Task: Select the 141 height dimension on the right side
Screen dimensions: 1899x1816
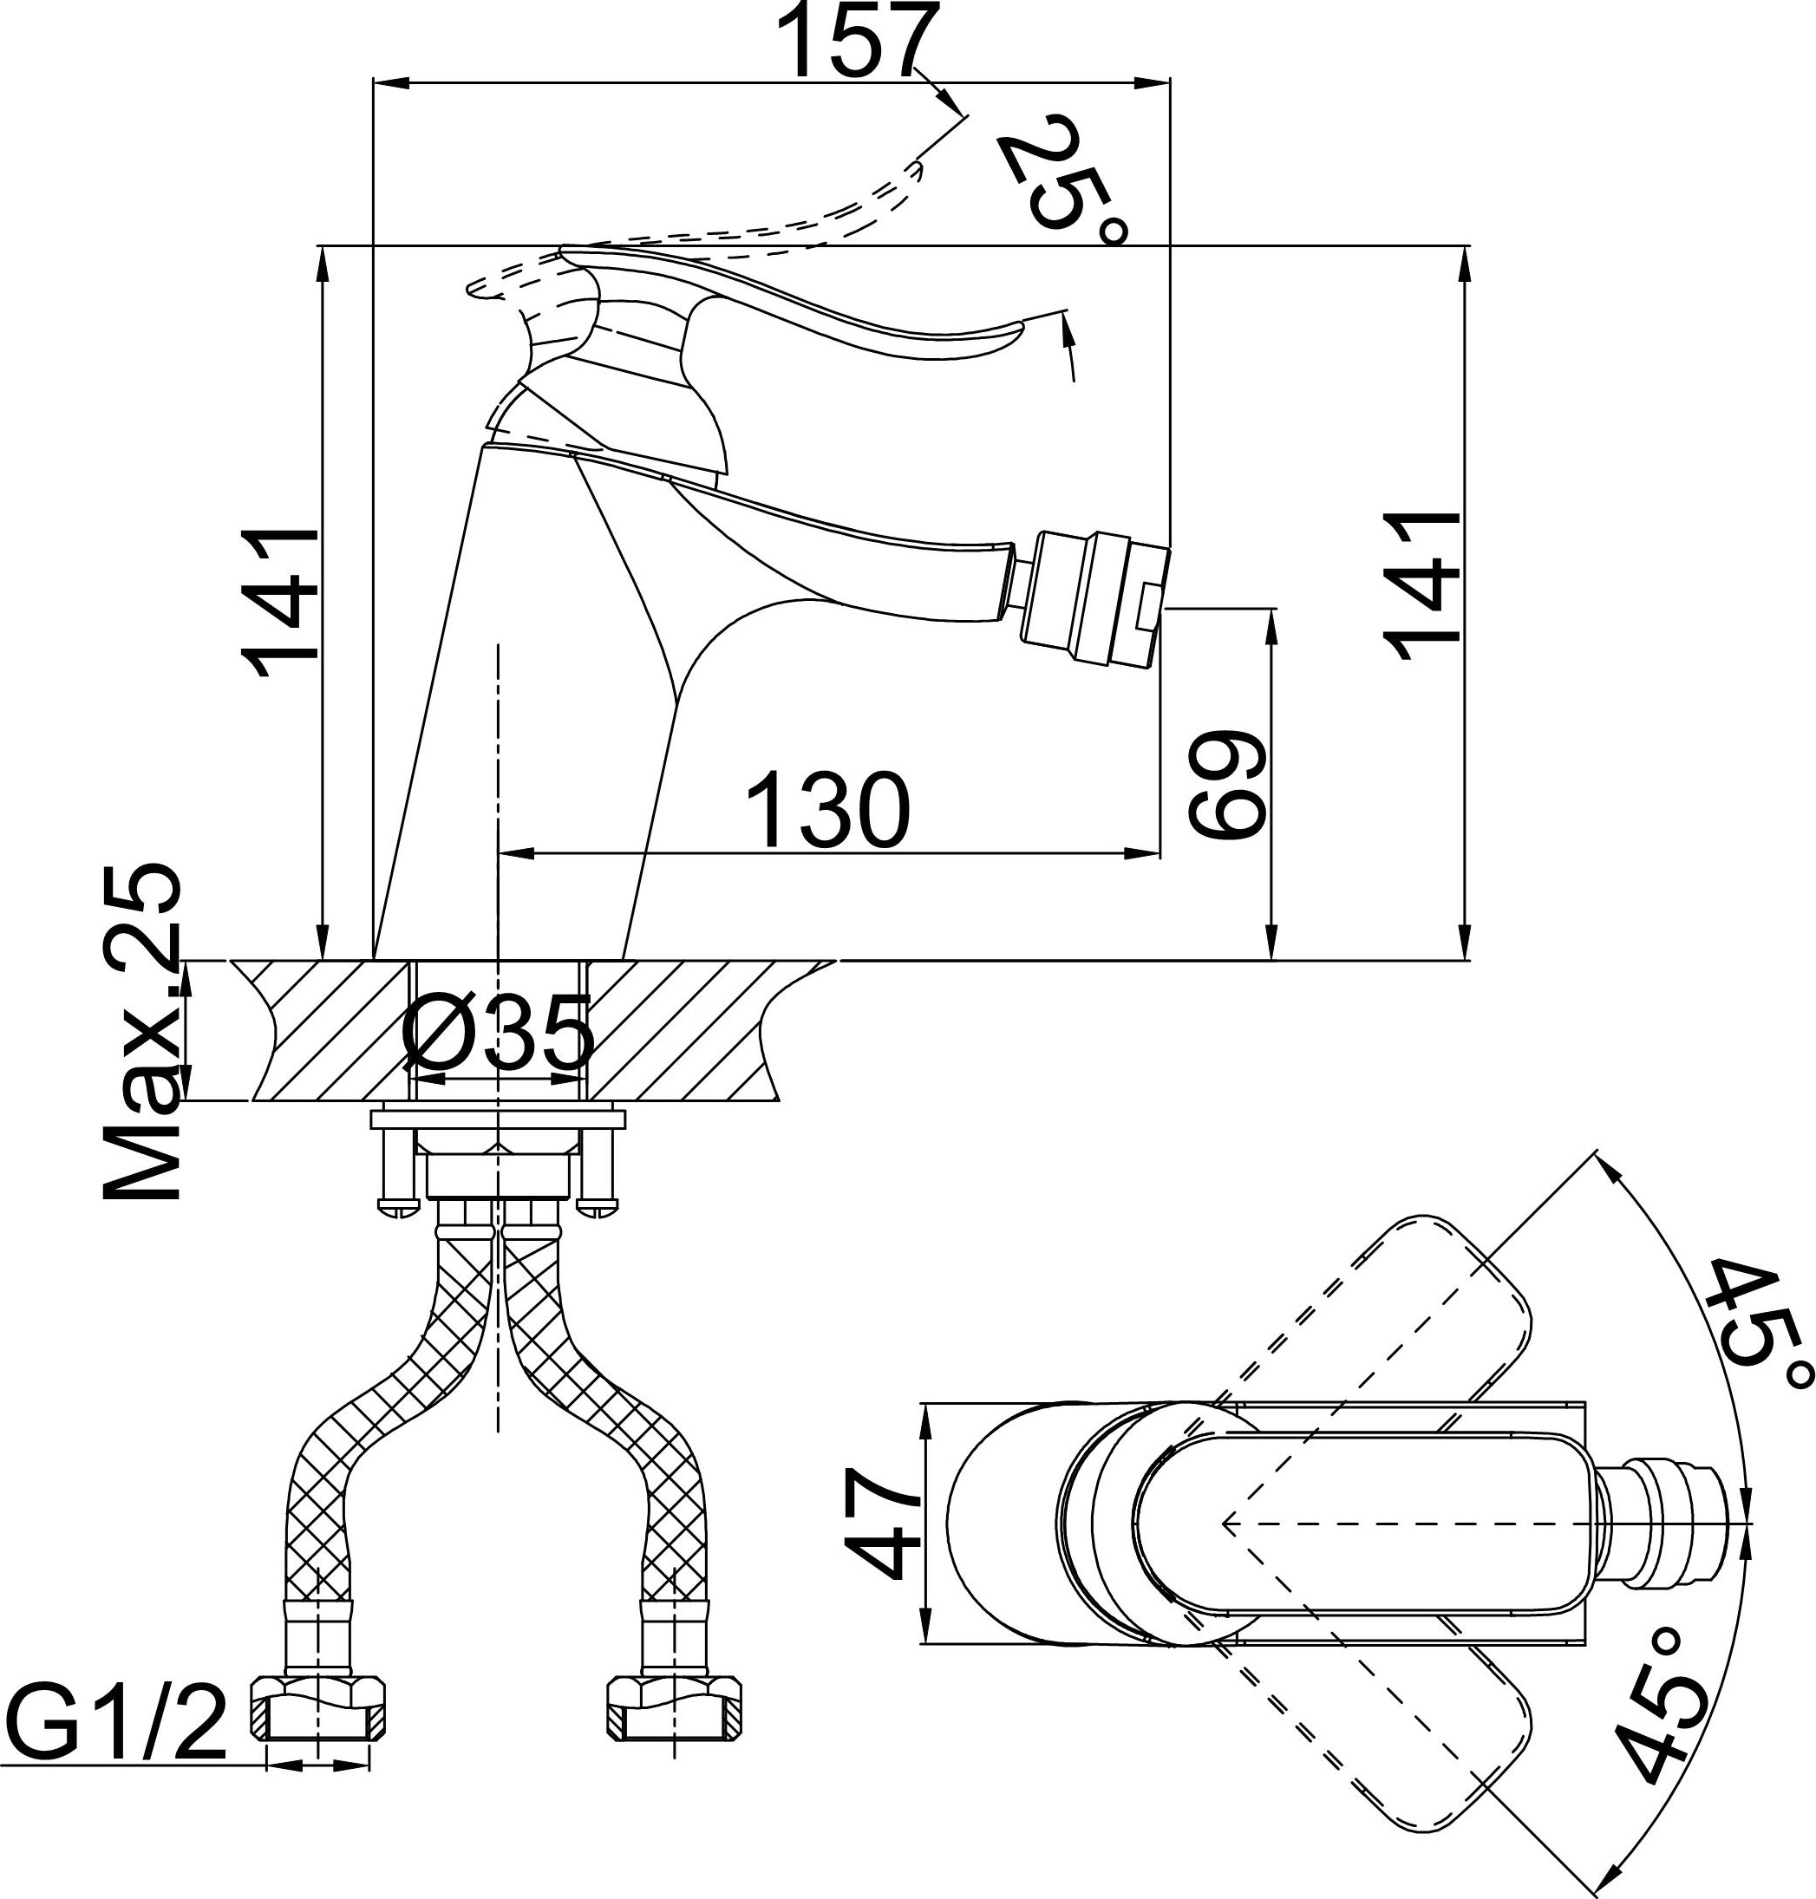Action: coord(1422,585)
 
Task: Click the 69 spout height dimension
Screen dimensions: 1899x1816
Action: coord(1226,784)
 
